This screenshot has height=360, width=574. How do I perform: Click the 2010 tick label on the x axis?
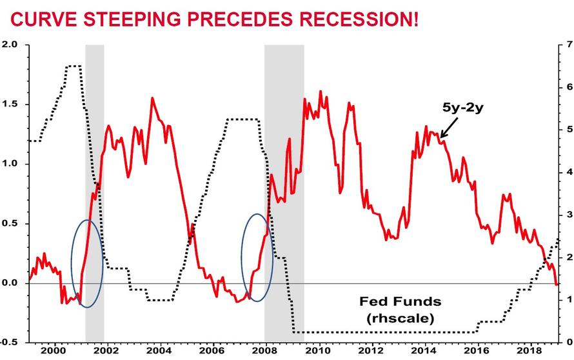pos(317,350)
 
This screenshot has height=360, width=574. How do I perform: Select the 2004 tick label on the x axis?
pos(158,350)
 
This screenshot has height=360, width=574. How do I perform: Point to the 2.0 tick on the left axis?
pos(10,45)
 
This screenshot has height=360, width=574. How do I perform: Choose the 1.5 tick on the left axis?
pos(10,105)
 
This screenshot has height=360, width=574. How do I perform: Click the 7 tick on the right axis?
pos(568,45)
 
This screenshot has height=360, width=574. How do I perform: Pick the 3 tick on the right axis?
pos(568,214)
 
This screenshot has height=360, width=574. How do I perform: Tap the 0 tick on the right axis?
pos(568,342)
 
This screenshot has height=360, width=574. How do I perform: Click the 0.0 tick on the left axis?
pos(10,283)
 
